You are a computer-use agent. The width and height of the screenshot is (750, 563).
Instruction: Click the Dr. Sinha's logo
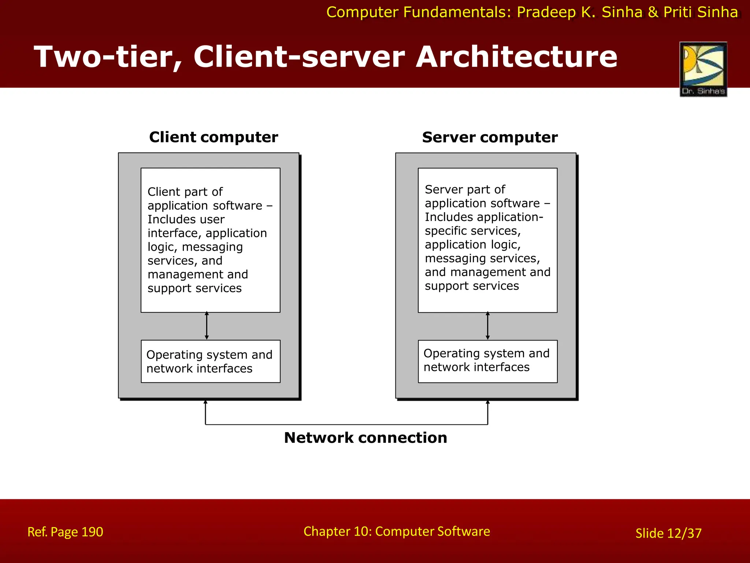click(x=703, y=69)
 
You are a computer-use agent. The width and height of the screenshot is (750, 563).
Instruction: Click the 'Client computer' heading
click(x=214, y=137)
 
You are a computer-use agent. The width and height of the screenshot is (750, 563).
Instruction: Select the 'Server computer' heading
click(x=490, y=137)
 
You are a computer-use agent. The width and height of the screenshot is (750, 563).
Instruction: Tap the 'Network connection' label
click(x=365, y=438)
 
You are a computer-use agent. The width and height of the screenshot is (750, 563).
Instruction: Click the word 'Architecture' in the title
click(x=516, y=57)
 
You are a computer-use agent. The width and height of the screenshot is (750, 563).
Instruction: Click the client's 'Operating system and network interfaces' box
click(x=211, y=361)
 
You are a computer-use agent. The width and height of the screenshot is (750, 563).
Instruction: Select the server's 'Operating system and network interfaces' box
click(x=487, y=361)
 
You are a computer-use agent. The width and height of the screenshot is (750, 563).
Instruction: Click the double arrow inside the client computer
click(x=207, y=326)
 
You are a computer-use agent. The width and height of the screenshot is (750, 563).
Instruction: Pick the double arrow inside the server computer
click(x=487, y=326)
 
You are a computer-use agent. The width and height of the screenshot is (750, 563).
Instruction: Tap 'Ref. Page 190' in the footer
click(x=65, y=532)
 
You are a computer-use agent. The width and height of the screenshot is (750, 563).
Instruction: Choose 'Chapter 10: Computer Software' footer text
click(x=397, y=531)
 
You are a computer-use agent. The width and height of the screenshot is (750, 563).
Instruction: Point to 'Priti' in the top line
click(x=678, y=12)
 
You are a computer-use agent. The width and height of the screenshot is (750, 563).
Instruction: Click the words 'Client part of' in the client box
click(x=185, y=192)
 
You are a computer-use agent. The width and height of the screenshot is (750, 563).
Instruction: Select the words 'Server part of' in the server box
click(x=465, y=189)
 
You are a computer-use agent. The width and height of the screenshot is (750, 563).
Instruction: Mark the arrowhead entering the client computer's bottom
click(x=205, y=402)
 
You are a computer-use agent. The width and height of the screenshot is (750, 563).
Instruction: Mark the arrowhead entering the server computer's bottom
click(x=487, y=402)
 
